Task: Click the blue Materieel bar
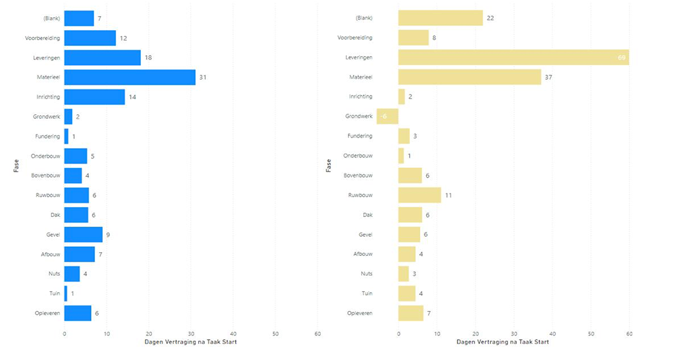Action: (130, 77)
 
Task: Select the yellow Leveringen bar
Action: (513, 58)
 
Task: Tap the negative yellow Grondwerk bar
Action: (387, 116)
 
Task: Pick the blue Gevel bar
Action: (83, 234)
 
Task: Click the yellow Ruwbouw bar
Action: (420, 195)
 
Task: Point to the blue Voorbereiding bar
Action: (90, 38)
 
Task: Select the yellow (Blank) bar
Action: (440, 18)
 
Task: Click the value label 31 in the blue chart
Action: (203, 77)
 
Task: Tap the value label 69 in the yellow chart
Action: (622, 58)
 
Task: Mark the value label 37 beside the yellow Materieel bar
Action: (549, 77)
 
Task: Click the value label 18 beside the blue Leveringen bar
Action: (148, 58)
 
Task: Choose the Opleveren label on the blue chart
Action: (48, 313)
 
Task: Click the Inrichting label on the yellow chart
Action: (360, 97)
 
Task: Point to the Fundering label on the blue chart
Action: (48, 137)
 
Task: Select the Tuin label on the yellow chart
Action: (366, 294)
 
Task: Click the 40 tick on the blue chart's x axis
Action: (233, 334)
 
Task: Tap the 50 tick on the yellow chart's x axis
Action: (591, 334)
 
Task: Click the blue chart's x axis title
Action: (190, 341)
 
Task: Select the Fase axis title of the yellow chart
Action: (329, 165)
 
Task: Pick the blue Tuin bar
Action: (66, 294)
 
